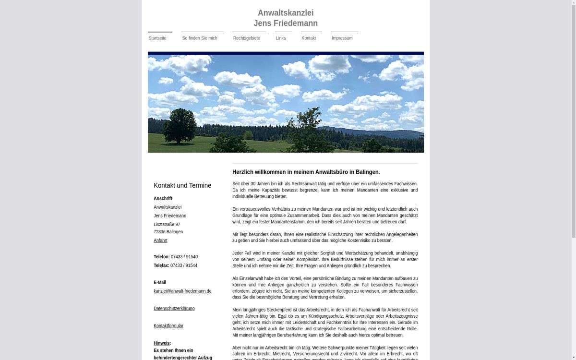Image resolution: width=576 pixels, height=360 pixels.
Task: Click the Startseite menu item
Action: (x=157, y=38)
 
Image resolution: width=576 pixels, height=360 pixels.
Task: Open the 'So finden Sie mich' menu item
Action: (x=200, y=38)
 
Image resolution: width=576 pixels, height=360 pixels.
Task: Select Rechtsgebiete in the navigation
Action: (x=246, y=38)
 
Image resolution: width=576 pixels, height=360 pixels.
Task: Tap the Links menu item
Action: (x=281, y=38)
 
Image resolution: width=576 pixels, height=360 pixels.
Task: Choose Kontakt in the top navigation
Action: (x=309, y=38)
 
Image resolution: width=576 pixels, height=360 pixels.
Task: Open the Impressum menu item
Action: (x=342, y=38)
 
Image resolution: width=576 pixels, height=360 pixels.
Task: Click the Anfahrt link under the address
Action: (x=160, y=240)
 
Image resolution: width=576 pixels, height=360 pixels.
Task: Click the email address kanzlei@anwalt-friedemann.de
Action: (x=182, y=291)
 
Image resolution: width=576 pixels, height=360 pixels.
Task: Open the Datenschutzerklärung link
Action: (x=174, y=309)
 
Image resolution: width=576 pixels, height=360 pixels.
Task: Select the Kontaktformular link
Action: (x=168, y=326)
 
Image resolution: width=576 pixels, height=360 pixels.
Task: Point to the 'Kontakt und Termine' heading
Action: (x=182, y=186)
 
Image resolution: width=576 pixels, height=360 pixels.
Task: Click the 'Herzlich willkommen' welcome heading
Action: (x=306, y=172)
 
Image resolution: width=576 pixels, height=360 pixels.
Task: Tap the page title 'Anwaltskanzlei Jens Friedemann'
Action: (x=286, y=18)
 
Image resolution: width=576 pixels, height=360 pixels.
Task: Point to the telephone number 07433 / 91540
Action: (x=184, y=257)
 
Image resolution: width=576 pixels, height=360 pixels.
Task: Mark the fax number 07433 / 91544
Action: (x=184, y=265)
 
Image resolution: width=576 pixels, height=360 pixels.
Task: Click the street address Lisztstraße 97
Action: (x=167, y=224)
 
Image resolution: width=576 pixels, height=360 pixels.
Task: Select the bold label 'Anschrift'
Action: (x=163, y=198)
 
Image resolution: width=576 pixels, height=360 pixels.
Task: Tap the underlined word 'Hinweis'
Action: (x=161, y=343)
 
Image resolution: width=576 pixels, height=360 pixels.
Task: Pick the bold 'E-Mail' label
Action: (x=160, y=283)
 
